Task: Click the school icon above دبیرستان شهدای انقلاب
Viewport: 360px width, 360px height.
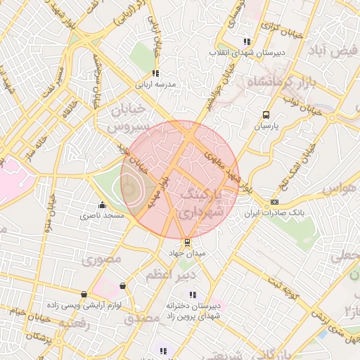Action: tap(246, 41)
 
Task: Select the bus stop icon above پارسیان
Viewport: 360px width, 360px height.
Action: tap(266, 115)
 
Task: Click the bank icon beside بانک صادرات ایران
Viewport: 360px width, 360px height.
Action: tap(274, 202)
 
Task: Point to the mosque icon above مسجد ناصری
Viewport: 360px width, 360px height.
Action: tap(103, 205)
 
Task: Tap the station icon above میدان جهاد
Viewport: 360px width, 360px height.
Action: tap(186, 242)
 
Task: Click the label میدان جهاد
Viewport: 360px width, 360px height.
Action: tap(186, 252)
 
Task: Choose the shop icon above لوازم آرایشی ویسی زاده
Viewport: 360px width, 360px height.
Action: tap(84, 294)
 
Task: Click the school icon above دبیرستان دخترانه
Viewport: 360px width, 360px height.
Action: tap(192, 295)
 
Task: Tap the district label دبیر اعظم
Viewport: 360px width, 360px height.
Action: tap(169, 276)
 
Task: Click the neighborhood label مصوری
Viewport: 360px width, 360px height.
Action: tap(103, 260)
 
